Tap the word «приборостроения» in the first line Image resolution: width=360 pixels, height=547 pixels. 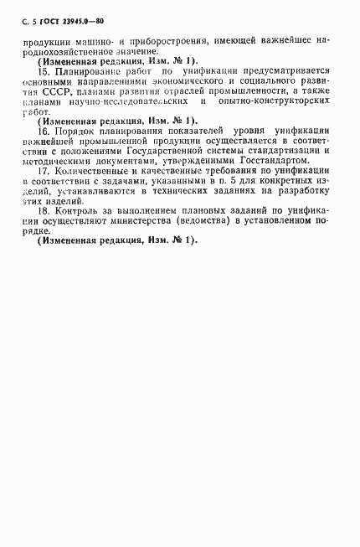(165, 41)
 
